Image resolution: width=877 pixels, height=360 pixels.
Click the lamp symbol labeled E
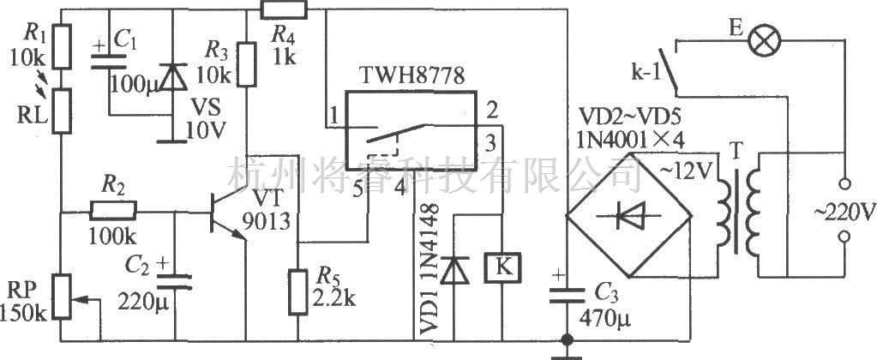tap(760, 40)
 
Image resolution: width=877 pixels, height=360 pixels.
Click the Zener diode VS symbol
tap(172, 80)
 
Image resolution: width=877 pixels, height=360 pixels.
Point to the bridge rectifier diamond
tap(629, 215)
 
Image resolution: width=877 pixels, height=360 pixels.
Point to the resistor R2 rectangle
tap(114, 210)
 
